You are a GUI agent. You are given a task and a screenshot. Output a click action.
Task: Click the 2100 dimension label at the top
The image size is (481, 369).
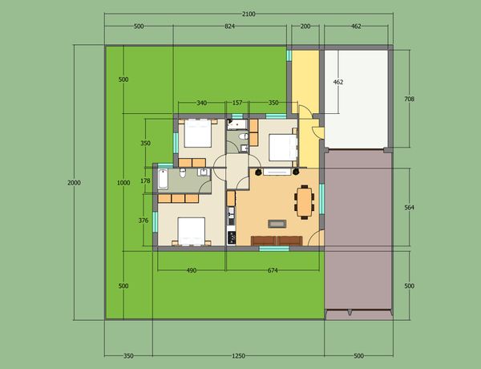249,14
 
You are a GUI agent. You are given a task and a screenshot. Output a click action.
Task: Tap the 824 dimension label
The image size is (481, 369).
229,26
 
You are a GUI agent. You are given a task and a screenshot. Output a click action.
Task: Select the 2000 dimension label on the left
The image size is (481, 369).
74,183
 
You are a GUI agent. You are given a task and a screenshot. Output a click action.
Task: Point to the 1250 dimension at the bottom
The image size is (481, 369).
238,356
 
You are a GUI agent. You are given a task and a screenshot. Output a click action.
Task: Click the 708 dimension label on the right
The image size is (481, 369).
409,99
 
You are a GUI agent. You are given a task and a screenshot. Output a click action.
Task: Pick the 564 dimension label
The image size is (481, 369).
409,208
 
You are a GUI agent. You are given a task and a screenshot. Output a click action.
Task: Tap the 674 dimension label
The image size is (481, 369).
273,270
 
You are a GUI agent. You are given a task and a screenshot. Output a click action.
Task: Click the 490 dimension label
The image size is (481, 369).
192,270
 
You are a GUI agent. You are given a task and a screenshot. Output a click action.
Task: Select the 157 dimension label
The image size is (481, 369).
237,103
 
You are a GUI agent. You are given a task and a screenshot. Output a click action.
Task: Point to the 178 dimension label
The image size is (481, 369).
145,180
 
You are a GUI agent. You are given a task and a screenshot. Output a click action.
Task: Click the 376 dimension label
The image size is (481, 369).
143,221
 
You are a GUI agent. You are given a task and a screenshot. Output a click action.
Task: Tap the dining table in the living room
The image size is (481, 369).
305,202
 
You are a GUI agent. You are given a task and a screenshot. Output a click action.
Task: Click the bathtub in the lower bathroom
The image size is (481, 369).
163,179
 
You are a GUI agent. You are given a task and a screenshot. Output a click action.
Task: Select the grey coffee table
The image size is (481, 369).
277,224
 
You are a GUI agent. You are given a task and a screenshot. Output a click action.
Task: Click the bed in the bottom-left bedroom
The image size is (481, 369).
192,232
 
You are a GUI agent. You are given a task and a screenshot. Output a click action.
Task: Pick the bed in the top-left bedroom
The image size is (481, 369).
198,133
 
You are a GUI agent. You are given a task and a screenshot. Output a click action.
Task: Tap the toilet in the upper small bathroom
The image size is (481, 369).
245,136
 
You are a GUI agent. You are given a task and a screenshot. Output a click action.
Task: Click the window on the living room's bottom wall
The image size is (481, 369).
274,249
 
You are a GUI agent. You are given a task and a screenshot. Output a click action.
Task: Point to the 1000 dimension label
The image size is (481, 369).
123,183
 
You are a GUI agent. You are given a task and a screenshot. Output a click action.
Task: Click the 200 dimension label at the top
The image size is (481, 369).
305,26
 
